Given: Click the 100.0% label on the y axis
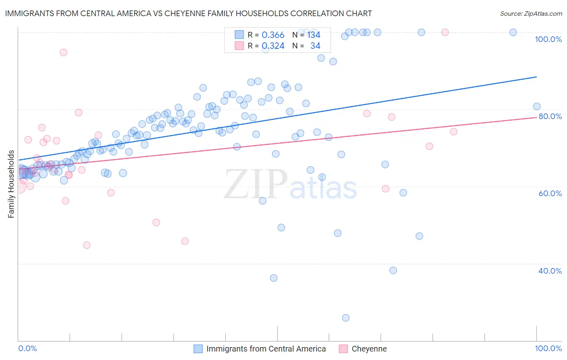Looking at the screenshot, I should (x=548, y=39).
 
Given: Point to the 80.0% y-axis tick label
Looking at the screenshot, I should (x=550, y=116).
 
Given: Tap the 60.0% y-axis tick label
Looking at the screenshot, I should (x=550, y=193).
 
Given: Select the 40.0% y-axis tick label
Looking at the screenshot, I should (x=550, y=271).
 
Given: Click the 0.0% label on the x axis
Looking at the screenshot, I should (x=27, y=348).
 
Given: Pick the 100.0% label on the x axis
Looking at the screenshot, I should (x=548, y=348).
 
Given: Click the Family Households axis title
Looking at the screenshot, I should (x=11, y=184).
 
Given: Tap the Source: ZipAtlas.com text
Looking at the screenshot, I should (x=531, y=13).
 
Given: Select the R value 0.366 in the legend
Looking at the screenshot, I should (x=273, y=35).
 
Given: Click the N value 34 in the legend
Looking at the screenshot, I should (x=315, y=46).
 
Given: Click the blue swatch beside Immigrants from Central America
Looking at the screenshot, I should (x=198, y=349).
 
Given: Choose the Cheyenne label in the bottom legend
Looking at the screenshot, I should (x=369, y=349).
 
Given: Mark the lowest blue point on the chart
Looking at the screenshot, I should (x=346, y=318).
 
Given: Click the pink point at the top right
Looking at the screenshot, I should (x=445, y=32).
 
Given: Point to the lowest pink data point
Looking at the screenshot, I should (x=86, y=245).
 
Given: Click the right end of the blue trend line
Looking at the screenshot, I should (x=536, y=77).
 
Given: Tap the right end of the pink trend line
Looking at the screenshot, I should (x=536, y=117).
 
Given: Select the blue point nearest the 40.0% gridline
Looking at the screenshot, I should (x=393, y=270).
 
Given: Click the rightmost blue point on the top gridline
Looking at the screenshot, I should (x=513, y=32).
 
